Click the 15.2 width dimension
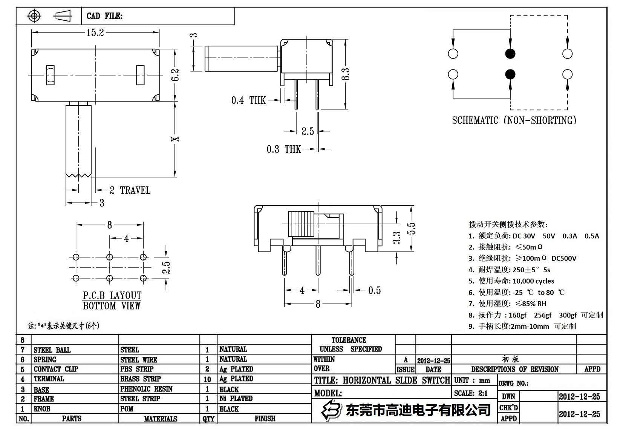click(95, 33)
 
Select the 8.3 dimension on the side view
click(346, 74)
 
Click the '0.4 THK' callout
click(248, 100)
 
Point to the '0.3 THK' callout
click(284, 149)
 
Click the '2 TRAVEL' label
click(130, 190)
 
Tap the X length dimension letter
click(175, 139)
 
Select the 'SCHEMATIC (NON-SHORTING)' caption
click(514, 120)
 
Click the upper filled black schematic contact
click(510, 54)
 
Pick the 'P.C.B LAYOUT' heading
click(112, 295)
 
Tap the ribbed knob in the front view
click(301, 224)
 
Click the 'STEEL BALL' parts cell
click(52, 350)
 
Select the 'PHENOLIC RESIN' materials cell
click(146, 389)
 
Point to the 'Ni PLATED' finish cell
click(236, 398)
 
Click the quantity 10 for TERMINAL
click(207, 379)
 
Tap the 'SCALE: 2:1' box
click(471, 393)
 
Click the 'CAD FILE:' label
click(104, 16)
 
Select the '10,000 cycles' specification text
click(533, 281)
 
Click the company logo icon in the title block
click(331, 410)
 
